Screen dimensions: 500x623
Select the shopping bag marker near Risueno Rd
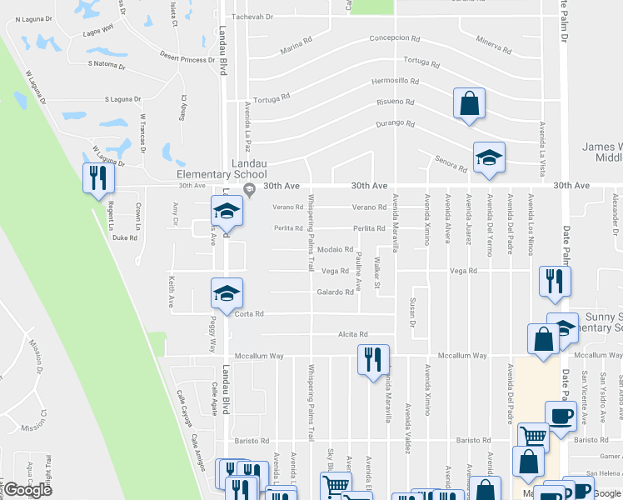pyautogui.click(x=469, y=104)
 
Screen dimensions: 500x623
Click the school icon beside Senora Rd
pyautogui.click(x=489, y=157)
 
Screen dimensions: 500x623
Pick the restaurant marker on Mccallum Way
pyautogui.click(x=373, y=359)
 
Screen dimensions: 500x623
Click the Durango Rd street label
pyautogui.click(x=394, y=123)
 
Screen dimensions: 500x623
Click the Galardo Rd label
pyautogui.click(x=335, y=292)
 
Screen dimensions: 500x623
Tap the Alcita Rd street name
pyautogui.click(x=353, y=334)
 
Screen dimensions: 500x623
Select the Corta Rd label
pyautogui.click(x=249, y=314)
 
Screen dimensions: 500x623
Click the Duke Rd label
pyautogui.click(x=124, y=237)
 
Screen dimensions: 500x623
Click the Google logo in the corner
pyautogui.click(x=27, y=490)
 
